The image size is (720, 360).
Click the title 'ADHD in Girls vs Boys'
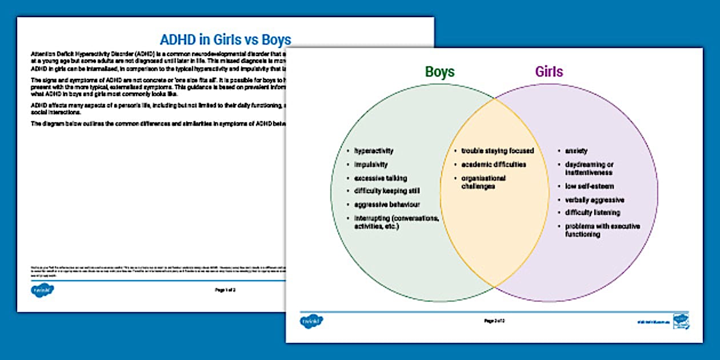pos(225,39)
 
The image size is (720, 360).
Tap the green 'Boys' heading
pos(439,71)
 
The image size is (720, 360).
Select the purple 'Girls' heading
pos(549,71)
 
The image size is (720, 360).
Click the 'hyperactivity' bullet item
pos(374,151)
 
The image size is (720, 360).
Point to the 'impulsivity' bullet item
pos(371,165)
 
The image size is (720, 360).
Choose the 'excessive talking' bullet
pos(381,178)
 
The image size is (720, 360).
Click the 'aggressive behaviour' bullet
pos(387,205)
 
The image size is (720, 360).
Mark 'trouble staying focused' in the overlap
pos(497,151)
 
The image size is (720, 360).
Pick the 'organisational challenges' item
pos(483,182)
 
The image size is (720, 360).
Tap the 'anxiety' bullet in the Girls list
pos(576,151)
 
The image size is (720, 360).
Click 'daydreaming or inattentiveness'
pos(589,169)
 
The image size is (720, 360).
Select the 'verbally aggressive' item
pos(594,200)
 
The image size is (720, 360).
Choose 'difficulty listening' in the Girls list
pos(593,213)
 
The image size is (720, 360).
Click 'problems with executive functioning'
pos(602,230)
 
